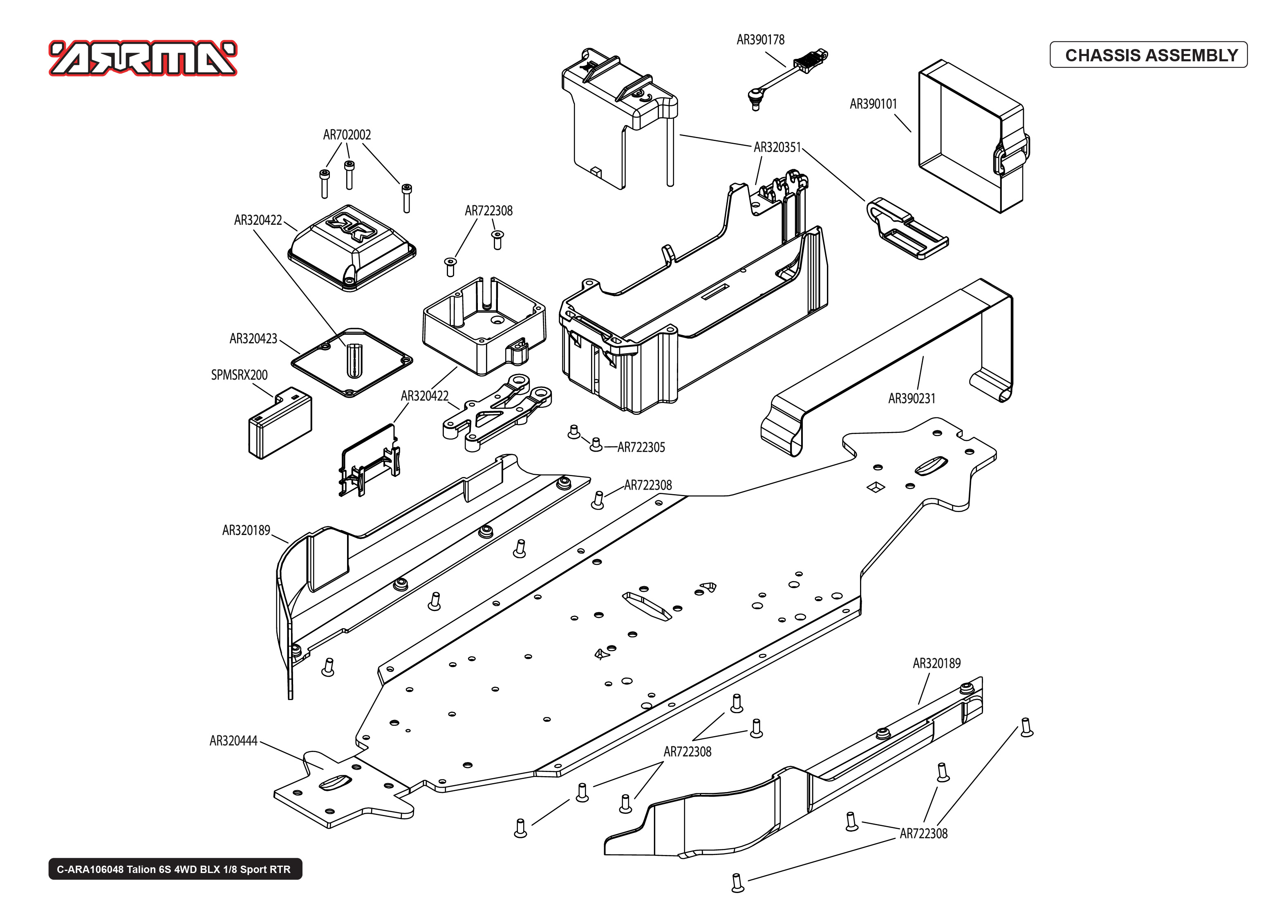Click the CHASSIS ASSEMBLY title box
pos(1148,55)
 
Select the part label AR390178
pos(760,40)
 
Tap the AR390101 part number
pos(873,104)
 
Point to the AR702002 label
pos(347,135)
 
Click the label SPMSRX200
pos(239,375)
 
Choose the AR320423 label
pos(253,339)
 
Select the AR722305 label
pos(641,448)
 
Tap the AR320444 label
pos(233,741)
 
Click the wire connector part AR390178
pos(787,76)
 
